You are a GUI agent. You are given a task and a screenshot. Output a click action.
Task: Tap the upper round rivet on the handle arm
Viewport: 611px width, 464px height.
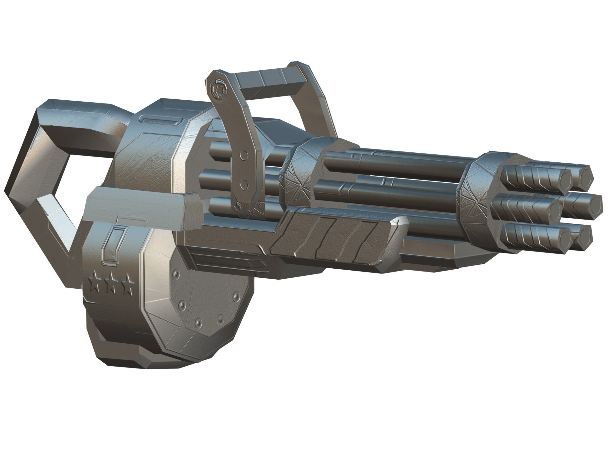click(243, 156)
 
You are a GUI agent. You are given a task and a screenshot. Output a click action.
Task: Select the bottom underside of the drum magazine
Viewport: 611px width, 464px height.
click(138, 359)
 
